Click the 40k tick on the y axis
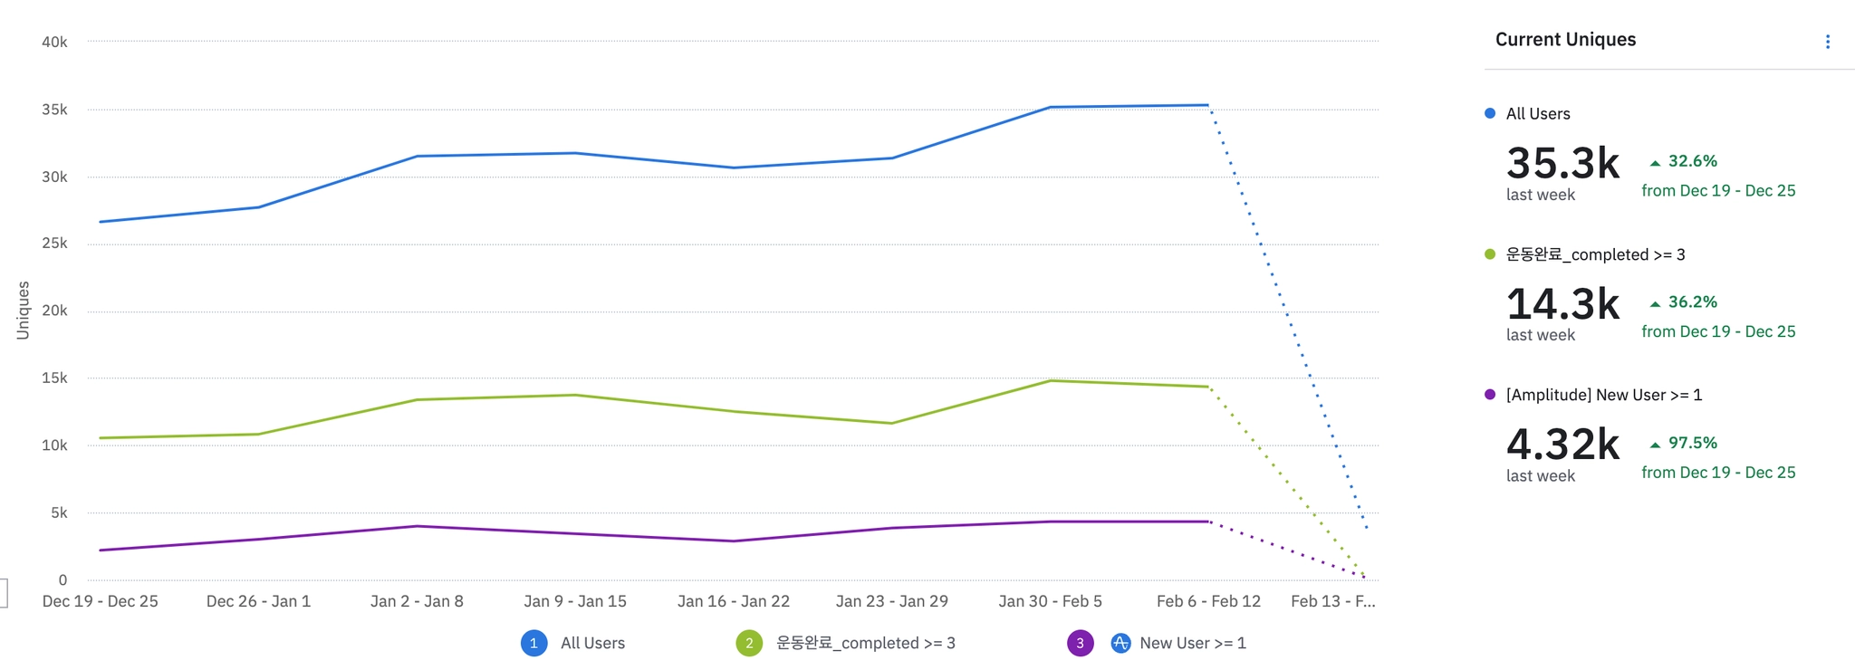[54, 43]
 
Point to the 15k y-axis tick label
[54, 378]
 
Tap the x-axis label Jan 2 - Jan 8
[417, 601]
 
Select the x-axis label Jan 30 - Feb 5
[1050, 601]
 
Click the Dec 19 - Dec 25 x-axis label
[101, 601]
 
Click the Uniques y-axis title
[24, 311]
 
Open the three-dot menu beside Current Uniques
[1828, 42]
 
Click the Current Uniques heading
[1565, 40]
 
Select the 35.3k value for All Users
[1562, 164]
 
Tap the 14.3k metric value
[1562, 304]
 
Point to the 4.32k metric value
[1562, 445]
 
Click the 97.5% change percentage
[1692, 443]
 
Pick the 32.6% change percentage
[1692, 161]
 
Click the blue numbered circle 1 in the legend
[533, 643]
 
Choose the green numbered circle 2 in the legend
[749, 643]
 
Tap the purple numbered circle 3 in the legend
[1080, 643]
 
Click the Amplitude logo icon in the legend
[1120, 643]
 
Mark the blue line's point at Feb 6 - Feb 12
[1208, 105]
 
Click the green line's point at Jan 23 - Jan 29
[891, 423]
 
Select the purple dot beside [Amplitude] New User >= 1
[1490, 395]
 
